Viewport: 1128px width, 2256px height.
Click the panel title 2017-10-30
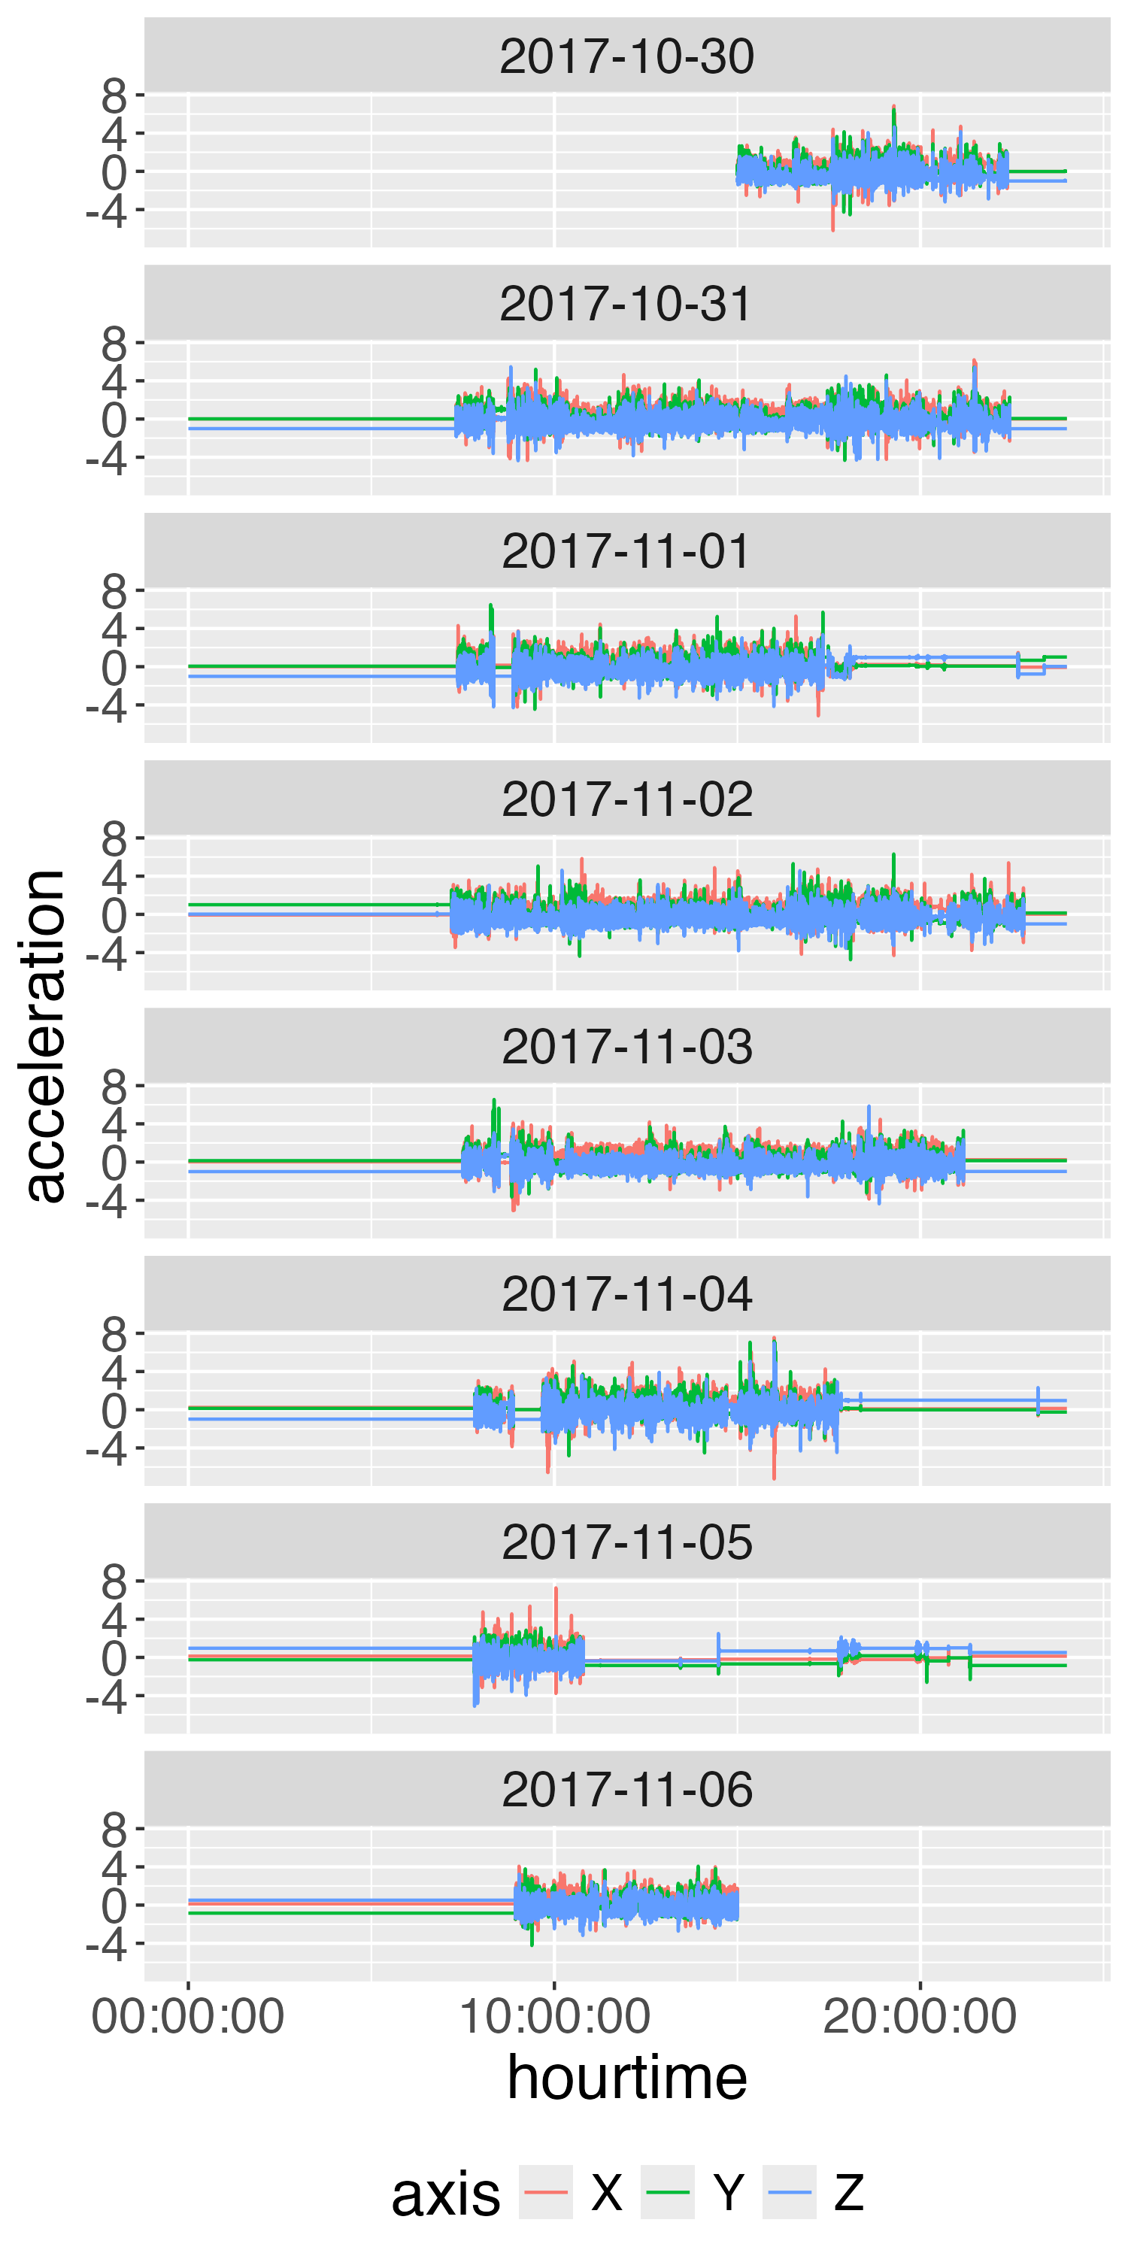[626, 56]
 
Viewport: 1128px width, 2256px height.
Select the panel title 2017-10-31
[626, 304]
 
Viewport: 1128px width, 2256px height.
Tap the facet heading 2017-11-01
[626, 552]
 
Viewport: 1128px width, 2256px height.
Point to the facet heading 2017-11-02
[626, 799]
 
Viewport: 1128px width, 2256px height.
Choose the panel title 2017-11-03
[626, 1048]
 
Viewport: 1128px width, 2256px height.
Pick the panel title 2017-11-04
[626, 1295]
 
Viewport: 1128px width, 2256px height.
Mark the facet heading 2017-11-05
[626, 1543]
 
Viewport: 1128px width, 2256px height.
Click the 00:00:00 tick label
[187, 2016]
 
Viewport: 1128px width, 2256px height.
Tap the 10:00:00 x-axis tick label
[554, 2016]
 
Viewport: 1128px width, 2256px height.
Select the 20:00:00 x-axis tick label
[920, 2016]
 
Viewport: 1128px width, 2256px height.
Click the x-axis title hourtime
[626, 2079]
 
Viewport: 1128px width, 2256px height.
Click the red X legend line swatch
[546, 2192]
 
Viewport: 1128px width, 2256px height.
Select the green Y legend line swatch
[667, 2192]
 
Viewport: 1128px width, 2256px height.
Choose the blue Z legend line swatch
[789, 2192]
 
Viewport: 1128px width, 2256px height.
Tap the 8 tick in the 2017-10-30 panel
[114, 96]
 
